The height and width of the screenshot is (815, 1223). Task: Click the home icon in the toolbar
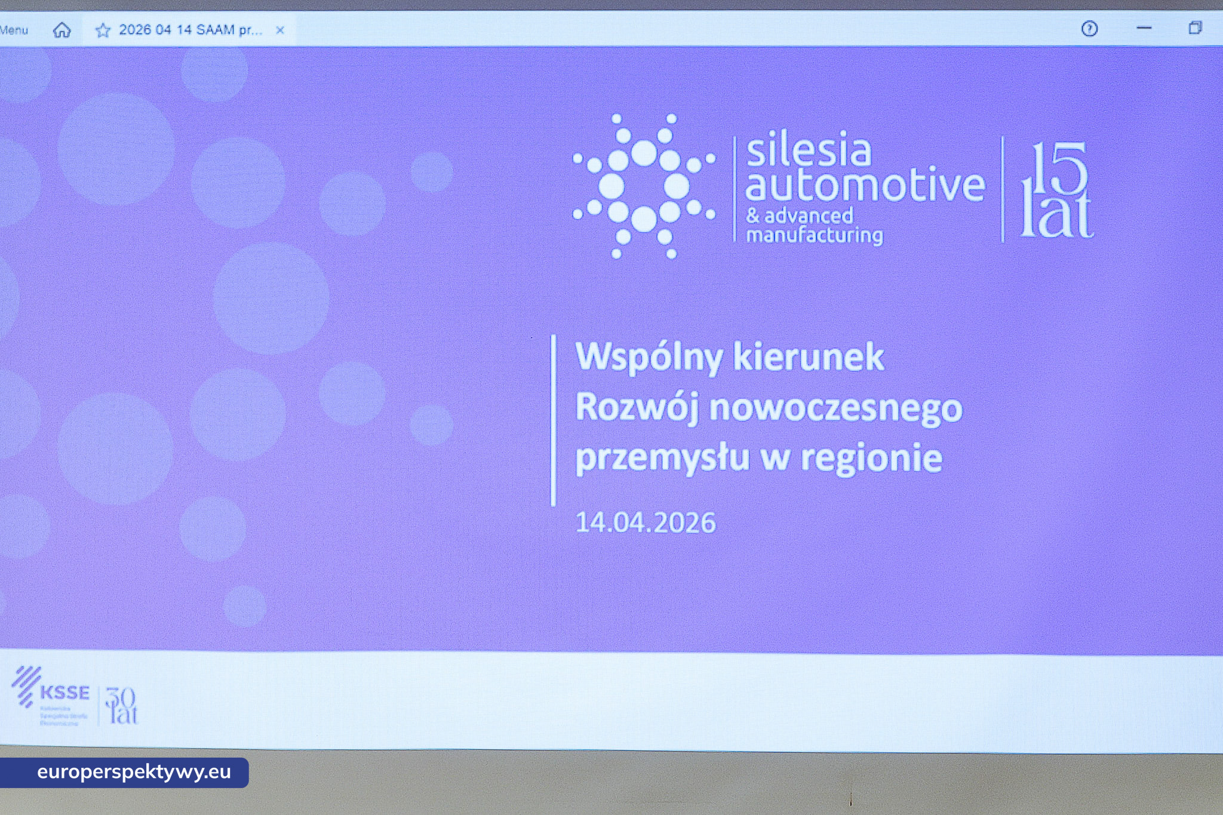pos(62,30)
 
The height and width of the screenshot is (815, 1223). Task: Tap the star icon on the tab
pos(103,30)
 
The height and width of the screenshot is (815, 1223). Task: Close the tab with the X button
pos(279,30)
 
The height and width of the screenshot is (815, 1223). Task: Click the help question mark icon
pos(1089,29)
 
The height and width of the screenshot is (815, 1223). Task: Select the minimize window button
pos(1144,28)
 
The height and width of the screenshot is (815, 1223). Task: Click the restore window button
pos(1194,28)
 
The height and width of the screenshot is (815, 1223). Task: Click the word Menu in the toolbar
pos(14,30)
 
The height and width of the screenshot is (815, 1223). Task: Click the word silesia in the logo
pos(809,151)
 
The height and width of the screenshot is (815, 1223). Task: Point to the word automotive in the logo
pos(865,185)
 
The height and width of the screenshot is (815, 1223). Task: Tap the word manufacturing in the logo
pos(815,235)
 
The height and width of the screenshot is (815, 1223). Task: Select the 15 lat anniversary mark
pos(1056,190)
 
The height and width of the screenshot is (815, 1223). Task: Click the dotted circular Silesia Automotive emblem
pos(644,186)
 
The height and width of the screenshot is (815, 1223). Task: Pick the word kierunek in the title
pos(809,357)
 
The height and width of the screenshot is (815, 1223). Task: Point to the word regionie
pos(871,459)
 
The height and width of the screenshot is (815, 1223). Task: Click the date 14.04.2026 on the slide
pos(645,522)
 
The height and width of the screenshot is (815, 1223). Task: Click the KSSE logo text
pos(64,693)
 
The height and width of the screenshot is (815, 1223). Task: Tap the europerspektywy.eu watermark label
pos(134,772)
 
